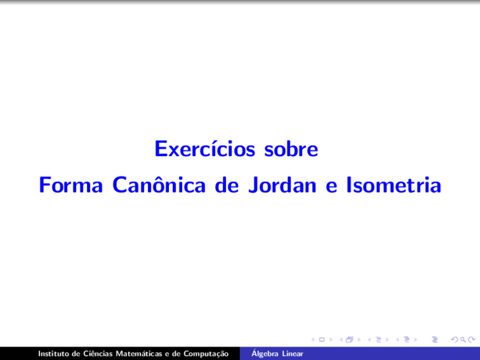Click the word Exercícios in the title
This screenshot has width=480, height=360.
[205, 149]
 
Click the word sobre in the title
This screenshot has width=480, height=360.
[291, 149]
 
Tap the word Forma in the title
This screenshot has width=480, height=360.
[71, 185]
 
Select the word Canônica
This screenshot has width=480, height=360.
[159, 185]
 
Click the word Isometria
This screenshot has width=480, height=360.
[393, 185]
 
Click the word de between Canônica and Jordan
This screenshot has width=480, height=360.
[226, 185]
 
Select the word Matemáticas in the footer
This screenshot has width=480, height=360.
[139, 354]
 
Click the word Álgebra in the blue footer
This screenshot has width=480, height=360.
[265, 354]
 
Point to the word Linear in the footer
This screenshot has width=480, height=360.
[292, 354]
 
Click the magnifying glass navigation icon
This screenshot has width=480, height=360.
[463, 340]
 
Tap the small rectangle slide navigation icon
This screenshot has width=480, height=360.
[322, 340]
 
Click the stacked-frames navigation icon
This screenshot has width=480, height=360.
[349, 340]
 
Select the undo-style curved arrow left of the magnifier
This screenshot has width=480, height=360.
[454, 340]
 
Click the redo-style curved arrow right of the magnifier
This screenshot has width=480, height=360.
[472, 340]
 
